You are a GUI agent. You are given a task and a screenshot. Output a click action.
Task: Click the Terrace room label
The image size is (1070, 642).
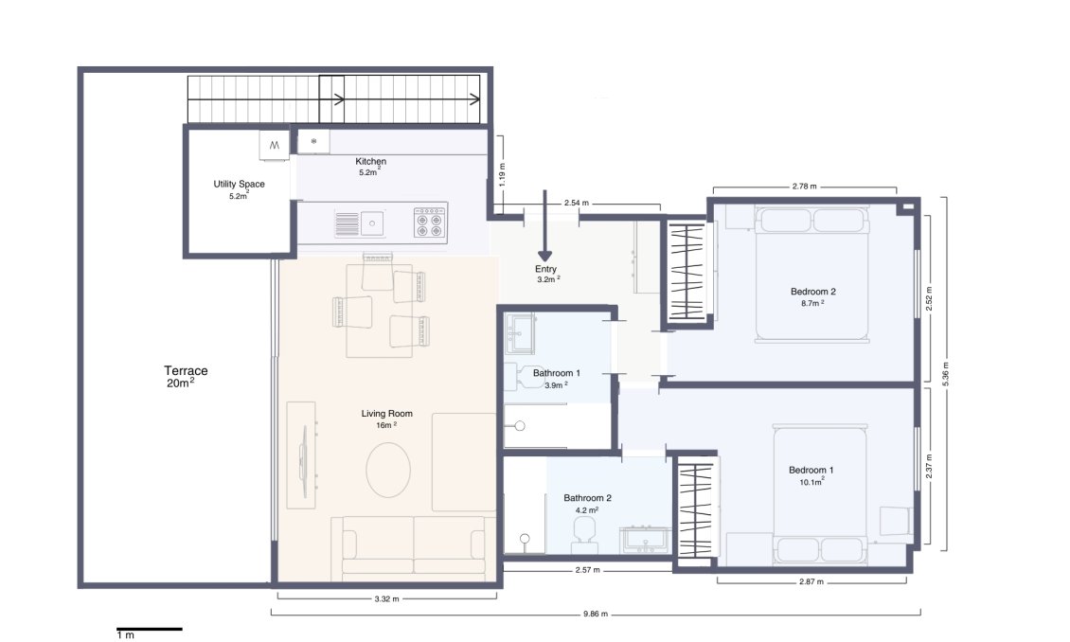point(186,371)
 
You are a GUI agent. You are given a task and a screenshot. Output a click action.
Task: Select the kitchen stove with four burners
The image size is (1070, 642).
point(429,223)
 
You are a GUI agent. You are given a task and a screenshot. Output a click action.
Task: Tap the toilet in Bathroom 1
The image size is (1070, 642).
point(523,378)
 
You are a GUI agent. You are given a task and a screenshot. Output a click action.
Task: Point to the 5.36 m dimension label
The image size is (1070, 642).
point(944,373)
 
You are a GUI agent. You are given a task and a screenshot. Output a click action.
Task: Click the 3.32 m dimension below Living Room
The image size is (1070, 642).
point(386,598)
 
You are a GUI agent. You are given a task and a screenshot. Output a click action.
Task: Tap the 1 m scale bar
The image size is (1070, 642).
point(149,629)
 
